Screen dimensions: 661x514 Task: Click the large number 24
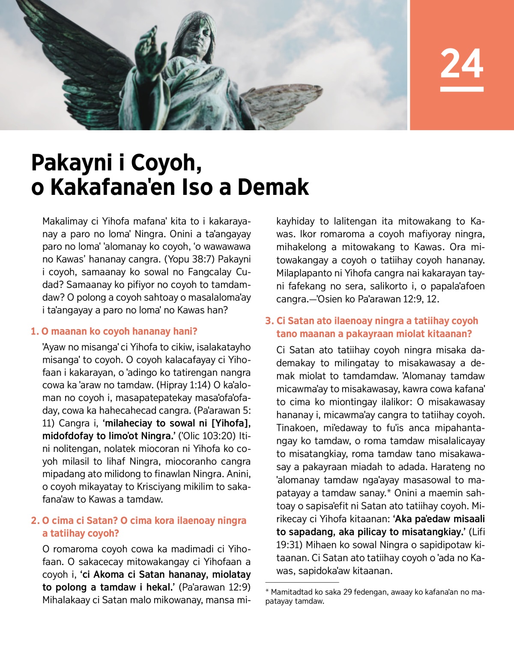[x=462, y=63]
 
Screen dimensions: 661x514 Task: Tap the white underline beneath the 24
[x=462, y=89]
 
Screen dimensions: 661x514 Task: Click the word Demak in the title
[x=273, y=187]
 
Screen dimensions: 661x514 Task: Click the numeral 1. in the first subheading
[x=35, y=332]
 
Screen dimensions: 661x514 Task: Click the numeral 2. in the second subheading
[x=35, y=521]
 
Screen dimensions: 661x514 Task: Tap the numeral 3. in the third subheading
[x=269, y=321]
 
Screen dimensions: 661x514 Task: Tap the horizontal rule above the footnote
[x=302, y=582]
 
